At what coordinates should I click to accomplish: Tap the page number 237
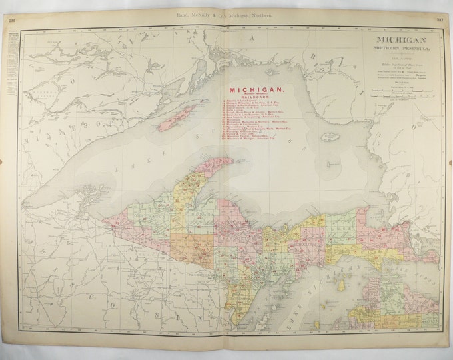point(440,20)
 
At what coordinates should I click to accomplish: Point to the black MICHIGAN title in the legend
point(398,41)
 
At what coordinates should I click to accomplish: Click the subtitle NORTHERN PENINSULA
point(398,51)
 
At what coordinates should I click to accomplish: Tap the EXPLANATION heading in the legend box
point(398,59)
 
